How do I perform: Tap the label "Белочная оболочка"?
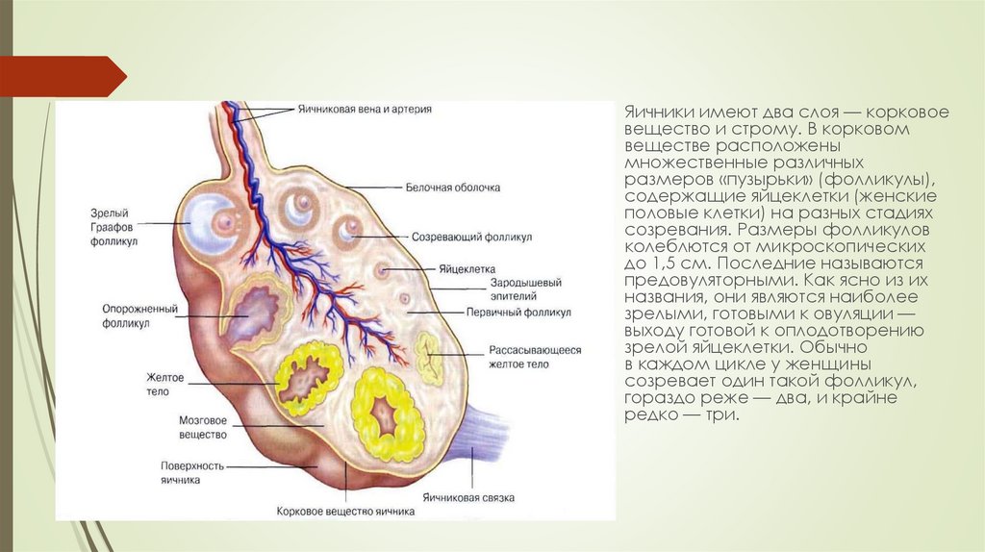tap(452, 188)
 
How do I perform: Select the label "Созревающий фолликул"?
tap(471, 236)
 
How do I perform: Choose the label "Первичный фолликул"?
tap(518, 313)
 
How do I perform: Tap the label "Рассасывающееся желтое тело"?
tap(534, 358)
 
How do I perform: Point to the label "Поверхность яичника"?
tap(193, 472)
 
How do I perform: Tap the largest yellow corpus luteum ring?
tap(387, 414)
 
